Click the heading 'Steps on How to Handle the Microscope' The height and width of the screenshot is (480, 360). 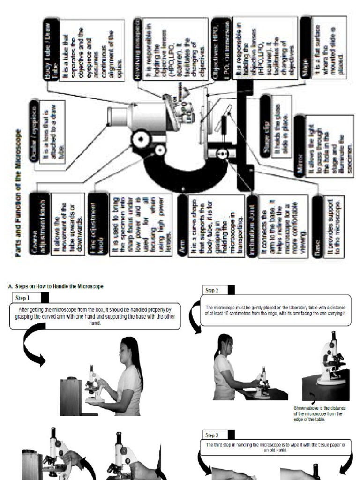tap(56, 286)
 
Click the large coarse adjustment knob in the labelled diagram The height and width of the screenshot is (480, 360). tap(140, 138)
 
